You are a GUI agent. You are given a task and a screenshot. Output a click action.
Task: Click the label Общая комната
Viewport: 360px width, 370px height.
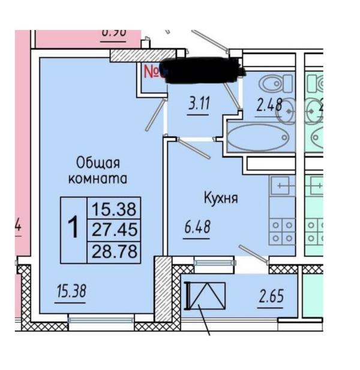99,170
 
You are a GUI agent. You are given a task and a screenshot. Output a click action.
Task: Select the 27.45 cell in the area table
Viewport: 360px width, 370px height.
114,229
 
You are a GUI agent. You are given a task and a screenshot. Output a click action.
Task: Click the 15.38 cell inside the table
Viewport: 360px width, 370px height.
114,209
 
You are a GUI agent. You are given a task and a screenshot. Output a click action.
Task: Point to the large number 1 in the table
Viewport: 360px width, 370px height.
74,229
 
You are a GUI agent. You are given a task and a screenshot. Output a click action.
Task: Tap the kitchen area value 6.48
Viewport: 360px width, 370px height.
197,228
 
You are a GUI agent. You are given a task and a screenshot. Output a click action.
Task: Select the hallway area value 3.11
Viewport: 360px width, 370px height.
199,104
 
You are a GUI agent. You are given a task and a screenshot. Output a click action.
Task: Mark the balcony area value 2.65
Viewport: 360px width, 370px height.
271,296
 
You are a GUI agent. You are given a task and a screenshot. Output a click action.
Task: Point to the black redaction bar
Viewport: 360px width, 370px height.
204,70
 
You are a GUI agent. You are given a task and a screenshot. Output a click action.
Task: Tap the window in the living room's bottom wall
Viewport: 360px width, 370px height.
97,320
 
